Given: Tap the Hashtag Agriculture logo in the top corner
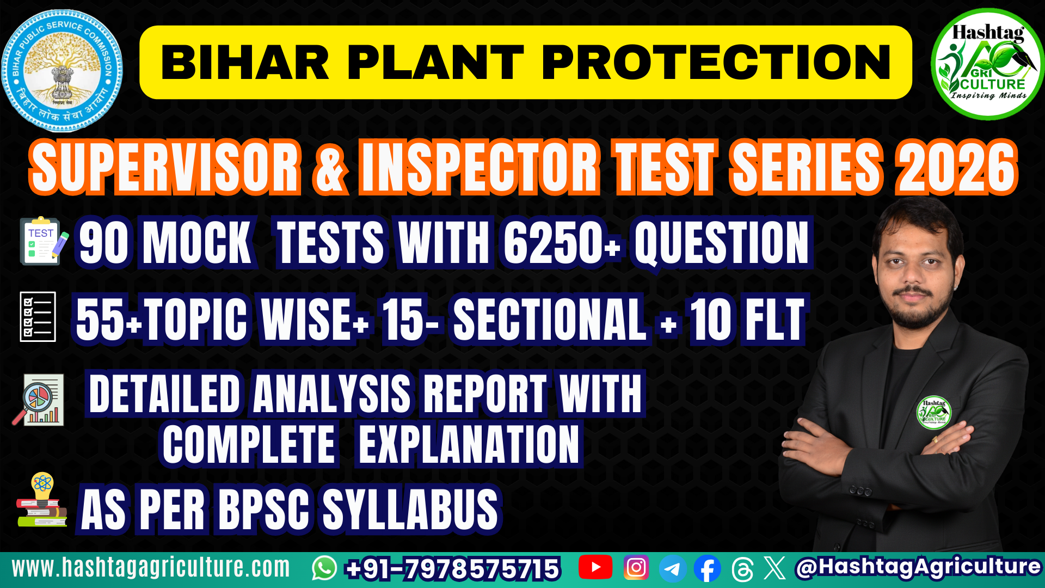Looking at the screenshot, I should point(987,64).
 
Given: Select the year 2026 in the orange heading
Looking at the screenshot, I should point(957,167).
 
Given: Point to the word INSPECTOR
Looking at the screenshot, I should point(479,167).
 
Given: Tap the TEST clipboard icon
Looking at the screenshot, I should point(42,241).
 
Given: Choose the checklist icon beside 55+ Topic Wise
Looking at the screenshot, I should point(38,317).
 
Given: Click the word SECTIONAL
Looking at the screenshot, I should point(550,320).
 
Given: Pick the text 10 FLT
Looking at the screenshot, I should point(747,320).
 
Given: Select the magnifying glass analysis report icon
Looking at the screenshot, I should point(39,399).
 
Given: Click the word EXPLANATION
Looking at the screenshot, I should point(469,445).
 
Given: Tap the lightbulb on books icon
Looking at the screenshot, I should point(42,500).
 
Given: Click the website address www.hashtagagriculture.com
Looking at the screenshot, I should point(151,568).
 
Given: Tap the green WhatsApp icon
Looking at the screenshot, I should point(324,568).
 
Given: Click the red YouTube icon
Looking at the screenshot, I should point(595,567).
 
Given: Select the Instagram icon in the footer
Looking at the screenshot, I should point(636,567).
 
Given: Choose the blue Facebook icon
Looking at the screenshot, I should point(707,569).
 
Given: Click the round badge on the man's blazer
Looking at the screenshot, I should point(933,412).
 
